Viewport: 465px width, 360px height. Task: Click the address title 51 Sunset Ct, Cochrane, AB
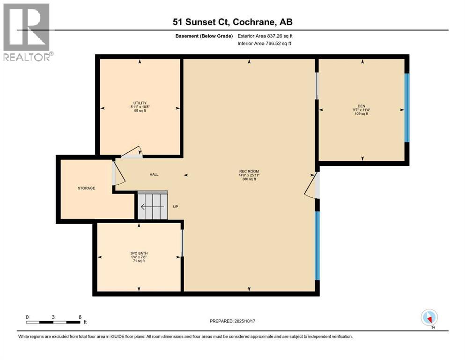[232, 22]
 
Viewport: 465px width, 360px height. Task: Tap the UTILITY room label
[140, 103]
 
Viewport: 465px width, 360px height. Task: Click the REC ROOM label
[249, 171]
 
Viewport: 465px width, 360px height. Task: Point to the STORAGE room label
[86, 188]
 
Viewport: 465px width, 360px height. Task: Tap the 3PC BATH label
[139, 253]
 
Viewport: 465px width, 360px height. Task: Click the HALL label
[154, 175]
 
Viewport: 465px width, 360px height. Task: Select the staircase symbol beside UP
[152, 206]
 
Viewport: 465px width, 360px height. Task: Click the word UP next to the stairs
[176, 207]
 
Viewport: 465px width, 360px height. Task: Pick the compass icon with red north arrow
[429, 318]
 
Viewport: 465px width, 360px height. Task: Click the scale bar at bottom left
[53, 322]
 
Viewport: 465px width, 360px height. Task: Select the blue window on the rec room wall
[317, 246]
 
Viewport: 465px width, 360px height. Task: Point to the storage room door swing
[118, 173]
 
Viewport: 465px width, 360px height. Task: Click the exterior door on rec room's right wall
[313, 185]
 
